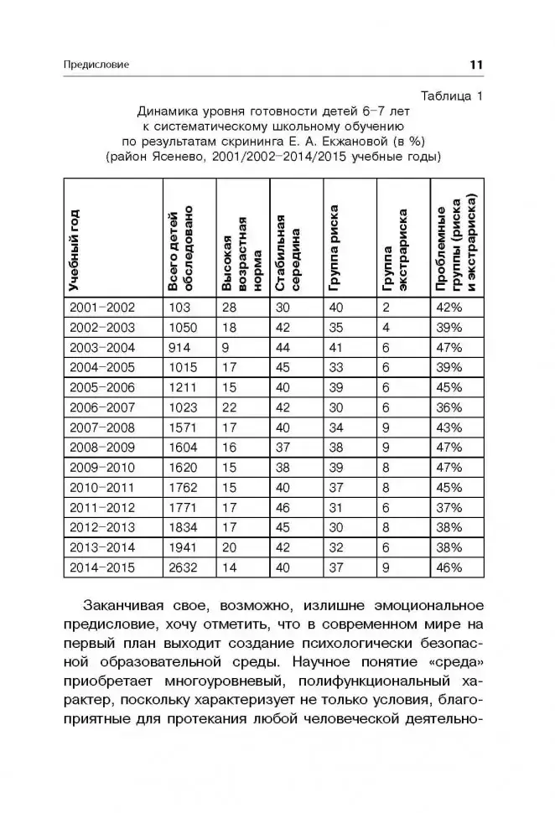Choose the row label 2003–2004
click(101, 347)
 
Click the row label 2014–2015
click(101, 568)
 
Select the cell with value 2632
click(182, 568)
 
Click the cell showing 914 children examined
click(179, 347)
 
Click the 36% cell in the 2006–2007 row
click(449, 407)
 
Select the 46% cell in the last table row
click(449, 568)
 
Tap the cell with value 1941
click(182, 548)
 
